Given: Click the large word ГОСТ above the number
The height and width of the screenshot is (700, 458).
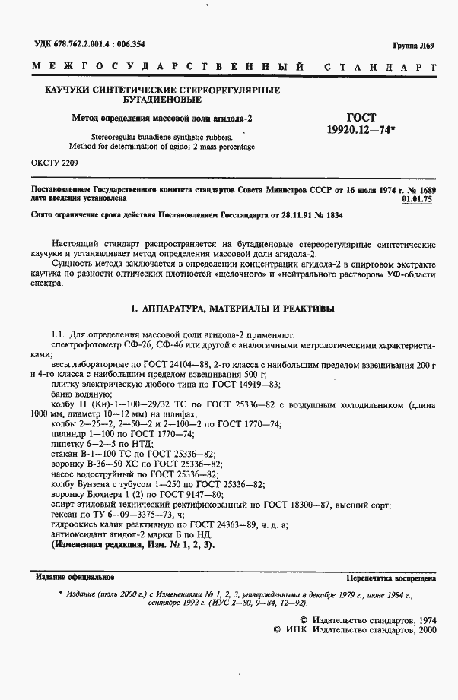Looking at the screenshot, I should (361, 117).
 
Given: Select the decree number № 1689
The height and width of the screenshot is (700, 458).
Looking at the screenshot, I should (419, 188).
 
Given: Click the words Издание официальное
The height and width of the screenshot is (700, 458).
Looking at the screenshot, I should (71, 577).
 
